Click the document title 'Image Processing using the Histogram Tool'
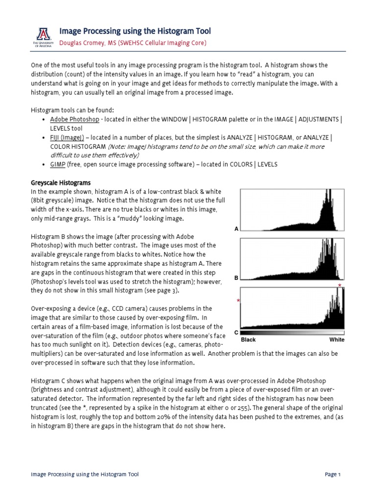135,31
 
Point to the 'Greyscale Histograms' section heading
61,182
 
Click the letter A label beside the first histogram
236,228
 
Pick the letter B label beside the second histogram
236,277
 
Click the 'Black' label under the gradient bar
248,340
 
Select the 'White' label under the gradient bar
337,340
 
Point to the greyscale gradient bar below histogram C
292,333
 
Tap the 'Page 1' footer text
332,475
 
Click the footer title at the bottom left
85,475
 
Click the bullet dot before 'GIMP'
44,165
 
